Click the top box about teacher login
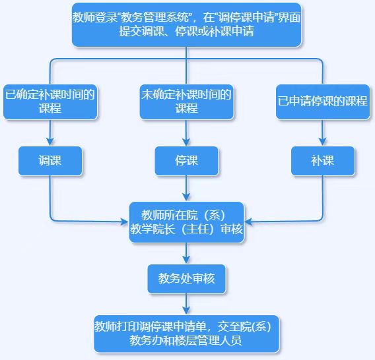[187, 25]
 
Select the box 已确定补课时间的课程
[50, 102]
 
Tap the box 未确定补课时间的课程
[187, 102]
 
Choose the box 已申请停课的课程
[323, 102]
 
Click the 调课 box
[50, 161]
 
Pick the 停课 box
[187, 161]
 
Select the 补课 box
[323, 161]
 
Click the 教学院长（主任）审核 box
[187, 222]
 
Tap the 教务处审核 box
[187, 279]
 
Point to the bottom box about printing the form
[187, 334]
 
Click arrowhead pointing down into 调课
[50, 142]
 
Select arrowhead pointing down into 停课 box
[186, 142]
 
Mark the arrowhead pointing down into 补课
[323, 142]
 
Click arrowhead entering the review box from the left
[125, 222]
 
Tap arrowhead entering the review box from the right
[248, 222]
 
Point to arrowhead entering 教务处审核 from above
[186, 260]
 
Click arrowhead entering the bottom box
[186, 311]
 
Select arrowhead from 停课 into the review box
[186, 198]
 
